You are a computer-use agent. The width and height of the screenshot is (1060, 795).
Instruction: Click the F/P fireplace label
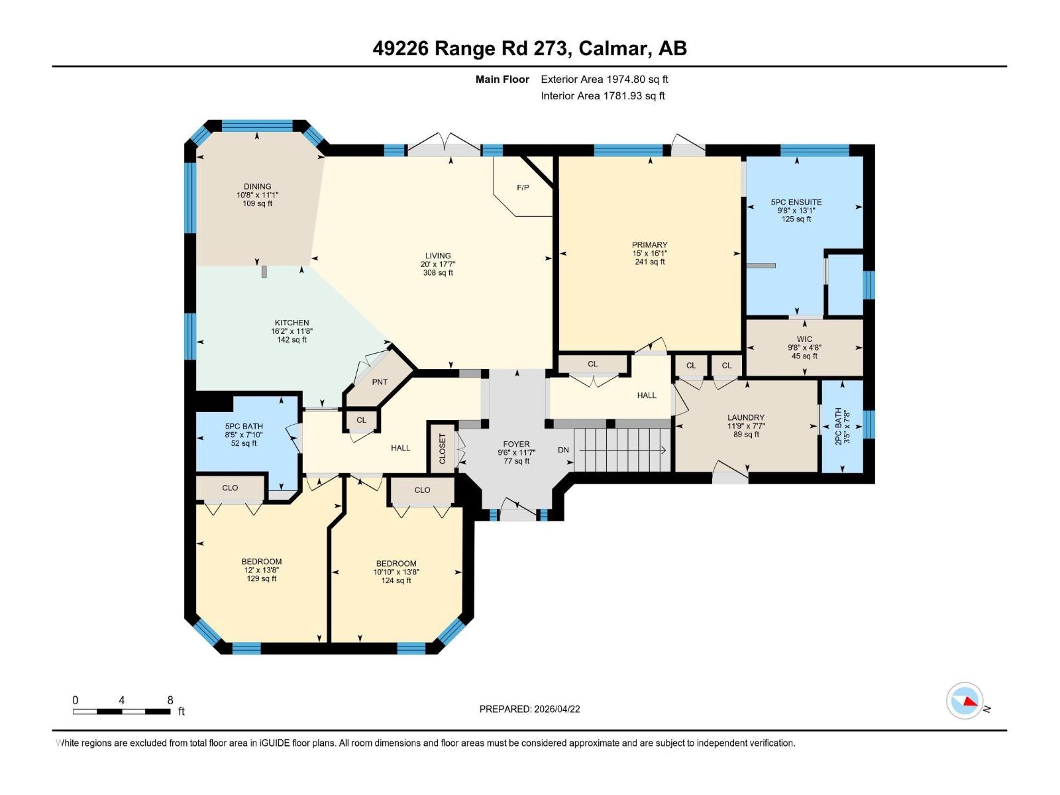pos(523,187)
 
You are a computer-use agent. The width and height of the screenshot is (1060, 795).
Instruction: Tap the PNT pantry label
pos(380,382)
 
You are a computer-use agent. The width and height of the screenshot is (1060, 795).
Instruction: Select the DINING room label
pos(257,186)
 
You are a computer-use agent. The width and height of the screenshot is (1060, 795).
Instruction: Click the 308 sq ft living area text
pos(438,272)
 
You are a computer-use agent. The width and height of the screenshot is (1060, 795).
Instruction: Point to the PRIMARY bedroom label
pos(649,244)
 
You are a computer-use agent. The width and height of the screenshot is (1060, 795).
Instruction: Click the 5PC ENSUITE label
pos(796,202)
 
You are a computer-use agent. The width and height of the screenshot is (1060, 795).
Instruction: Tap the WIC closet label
pos(804,339)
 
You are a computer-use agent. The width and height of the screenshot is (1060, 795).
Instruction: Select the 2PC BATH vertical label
pos(838,427)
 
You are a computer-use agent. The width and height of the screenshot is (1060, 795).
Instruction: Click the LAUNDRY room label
pos(745,417)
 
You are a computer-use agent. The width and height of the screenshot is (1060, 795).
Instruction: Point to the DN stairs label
pos(563,450)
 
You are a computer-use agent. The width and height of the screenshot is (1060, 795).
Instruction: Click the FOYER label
pos(516,444)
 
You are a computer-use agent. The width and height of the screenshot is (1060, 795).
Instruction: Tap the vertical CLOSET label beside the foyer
pos(443,449)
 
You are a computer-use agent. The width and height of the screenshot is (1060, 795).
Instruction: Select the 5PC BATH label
pos(244,426)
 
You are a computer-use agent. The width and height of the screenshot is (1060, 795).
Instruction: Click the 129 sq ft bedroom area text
pos(262,578)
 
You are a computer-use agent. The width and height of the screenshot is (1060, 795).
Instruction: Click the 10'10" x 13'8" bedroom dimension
pos(396,572)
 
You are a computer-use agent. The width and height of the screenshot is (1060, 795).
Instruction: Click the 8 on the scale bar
pos(170,700)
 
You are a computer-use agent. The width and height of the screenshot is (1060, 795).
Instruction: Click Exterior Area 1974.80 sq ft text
pos(604,79)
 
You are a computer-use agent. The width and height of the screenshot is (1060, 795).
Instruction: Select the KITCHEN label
pos(291,323)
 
